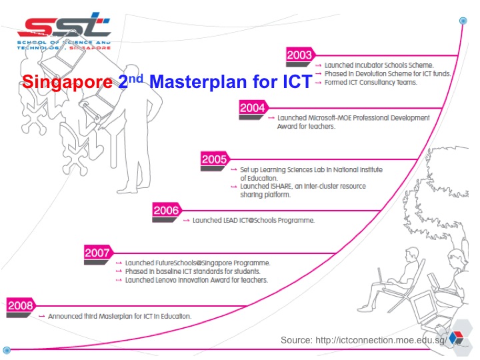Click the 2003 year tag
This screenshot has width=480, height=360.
click(x=299, y=55)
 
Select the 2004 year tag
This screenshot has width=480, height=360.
click(x=252, y=107)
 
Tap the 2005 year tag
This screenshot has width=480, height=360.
click(x=215, y=159)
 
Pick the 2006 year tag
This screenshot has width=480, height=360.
click(x=166, y=211)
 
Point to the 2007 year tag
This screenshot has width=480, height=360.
click(x=97, y=253)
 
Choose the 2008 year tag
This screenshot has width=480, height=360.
click(x=20, y=305)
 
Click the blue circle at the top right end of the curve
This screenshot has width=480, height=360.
click(x=463, y=21)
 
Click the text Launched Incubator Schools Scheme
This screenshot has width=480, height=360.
click(x=379, y=65)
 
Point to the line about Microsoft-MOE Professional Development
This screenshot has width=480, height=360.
click(x=353, y=117)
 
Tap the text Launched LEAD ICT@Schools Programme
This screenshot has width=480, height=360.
click(x=253, y=220)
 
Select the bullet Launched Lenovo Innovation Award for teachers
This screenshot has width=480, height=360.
click(x=196, y=280)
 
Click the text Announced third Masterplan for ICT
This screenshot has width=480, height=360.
click(x=120, y=316)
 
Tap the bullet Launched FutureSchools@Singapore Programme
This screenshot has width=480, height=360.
click(x=197, y=263)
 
